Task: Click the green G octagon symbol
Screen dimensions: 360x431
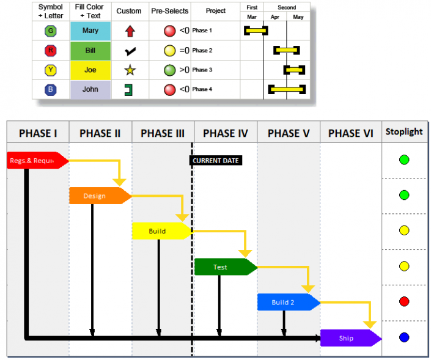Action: [x=51, y=31]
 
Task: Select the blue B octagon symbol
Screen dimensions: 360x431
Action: [x=51, y=89]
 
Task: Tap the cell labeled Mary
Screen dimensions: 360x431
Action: [x=90, y=31]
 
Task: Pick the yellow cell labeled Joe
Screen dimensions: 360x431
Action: [x=90, y=70]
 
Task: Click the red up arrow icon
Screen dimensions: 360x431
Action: [x=130, y=31]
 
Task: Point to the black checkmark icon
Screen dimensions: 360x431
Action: [x=130, y=51]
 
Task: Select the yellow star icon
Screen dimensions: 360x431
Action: [x=130, y=70]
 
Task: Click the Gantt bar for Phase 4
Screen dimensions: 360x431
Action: [x=287, y=90]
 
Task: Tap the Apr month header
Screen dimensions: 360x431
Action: [x=275, y=17]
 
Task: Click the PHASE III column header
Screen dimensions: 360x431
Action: [x=163, y=133]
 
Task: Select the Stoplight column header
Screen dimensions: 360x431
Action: [x=403, y=132]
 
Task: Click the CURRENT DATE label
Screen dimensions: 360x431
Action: [x=216, y=161]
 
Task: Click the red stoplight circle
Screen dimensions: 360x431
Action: [x=403, y=302]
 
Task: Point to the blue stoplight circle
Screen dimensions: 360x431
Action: [x=403, y=337]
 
